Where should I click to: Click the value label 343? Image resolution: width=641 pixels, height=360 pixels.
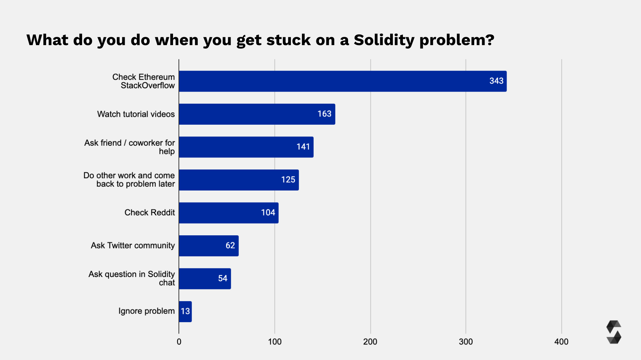click(496, 81)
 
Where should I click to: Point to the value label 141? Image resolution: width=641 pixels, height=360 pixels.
click(303, 147)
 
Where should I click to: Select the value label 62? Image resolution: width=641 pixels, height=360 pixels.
click(230, 246)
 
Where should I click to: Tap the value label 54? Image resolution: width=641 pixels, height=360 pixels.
click(223, 278)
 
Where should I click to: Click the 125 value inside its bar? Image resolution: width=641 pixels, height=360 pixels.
click(288, 180)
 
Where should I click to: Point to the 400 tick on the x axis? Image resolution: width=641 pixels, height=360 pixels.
click(561, 342)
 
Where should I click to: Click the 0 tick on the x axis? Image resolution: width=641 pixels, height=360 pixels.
click(179, 342)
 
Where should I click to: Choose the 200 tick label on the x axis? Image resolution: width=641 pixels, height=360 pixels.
click(370, 342)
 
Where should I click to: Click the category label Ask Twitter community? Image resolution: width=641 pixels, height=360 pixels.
click(133, 246)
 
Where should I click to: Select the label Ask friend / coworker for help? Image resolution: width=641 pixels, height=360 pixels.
click(130, 147)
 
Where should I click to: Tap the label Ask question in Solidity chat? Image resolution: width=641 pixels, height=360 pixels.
click(132, 278)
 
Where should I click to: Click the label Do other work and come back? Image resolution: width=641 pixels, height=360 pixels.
click(129, 180)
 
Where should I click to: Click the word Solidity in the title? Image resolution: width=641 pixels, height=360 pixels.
click(384, 40)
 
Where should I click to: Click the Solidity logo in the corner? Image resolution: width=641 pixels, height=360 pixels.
click(613, 332)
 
